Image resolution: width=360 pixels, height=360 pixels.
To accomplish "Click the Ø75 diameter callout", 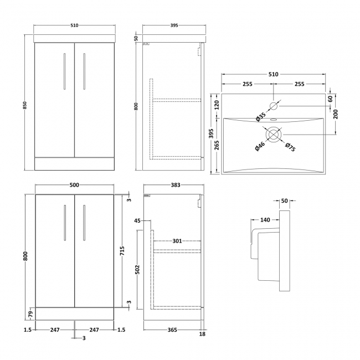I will [289, 147].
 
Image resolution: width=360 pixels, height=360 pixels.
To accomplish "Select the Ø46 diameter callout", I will [259, 147].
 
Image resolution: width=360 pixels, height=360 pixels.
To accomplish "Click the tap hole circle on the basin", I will [274, 105].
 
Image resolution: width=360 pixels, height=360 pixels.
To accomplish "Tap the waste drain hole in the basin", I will [274, 134].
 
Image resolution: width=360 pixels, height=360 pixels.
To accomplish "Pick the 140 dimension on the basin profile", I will [264, 220].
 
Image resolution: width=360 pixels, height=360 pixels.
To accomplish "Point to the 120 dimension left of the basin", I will [217, 104].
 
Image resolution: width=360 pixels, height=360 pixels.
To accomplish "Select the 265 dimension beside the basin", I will [217, 145].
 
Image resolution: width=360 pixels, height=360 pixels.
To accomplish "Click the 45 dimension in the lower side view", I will [137, 221].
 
